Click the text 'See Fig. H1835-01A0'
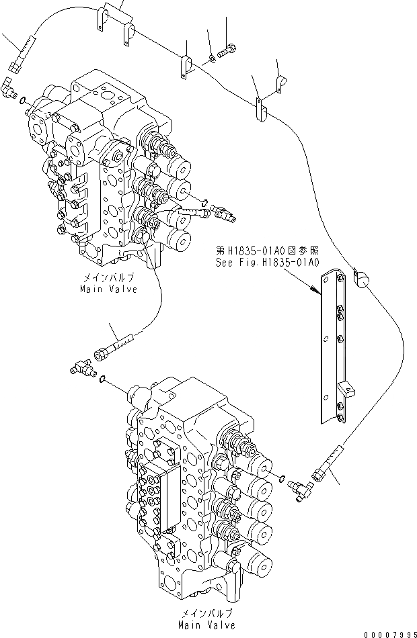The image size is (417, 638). (x=267, y=263)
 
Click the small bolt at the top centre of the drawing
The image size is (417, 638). (x=229, y=49)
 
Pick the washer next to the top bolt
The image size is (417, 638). (x=213, y=58)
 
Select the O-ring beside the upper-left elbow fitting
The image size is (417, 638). (x=24, y=101)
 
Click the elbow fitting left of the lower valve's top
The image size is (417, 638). (x=79, y=367)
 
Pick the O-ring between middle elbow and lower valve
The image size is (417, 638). (x=102, y=380)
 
